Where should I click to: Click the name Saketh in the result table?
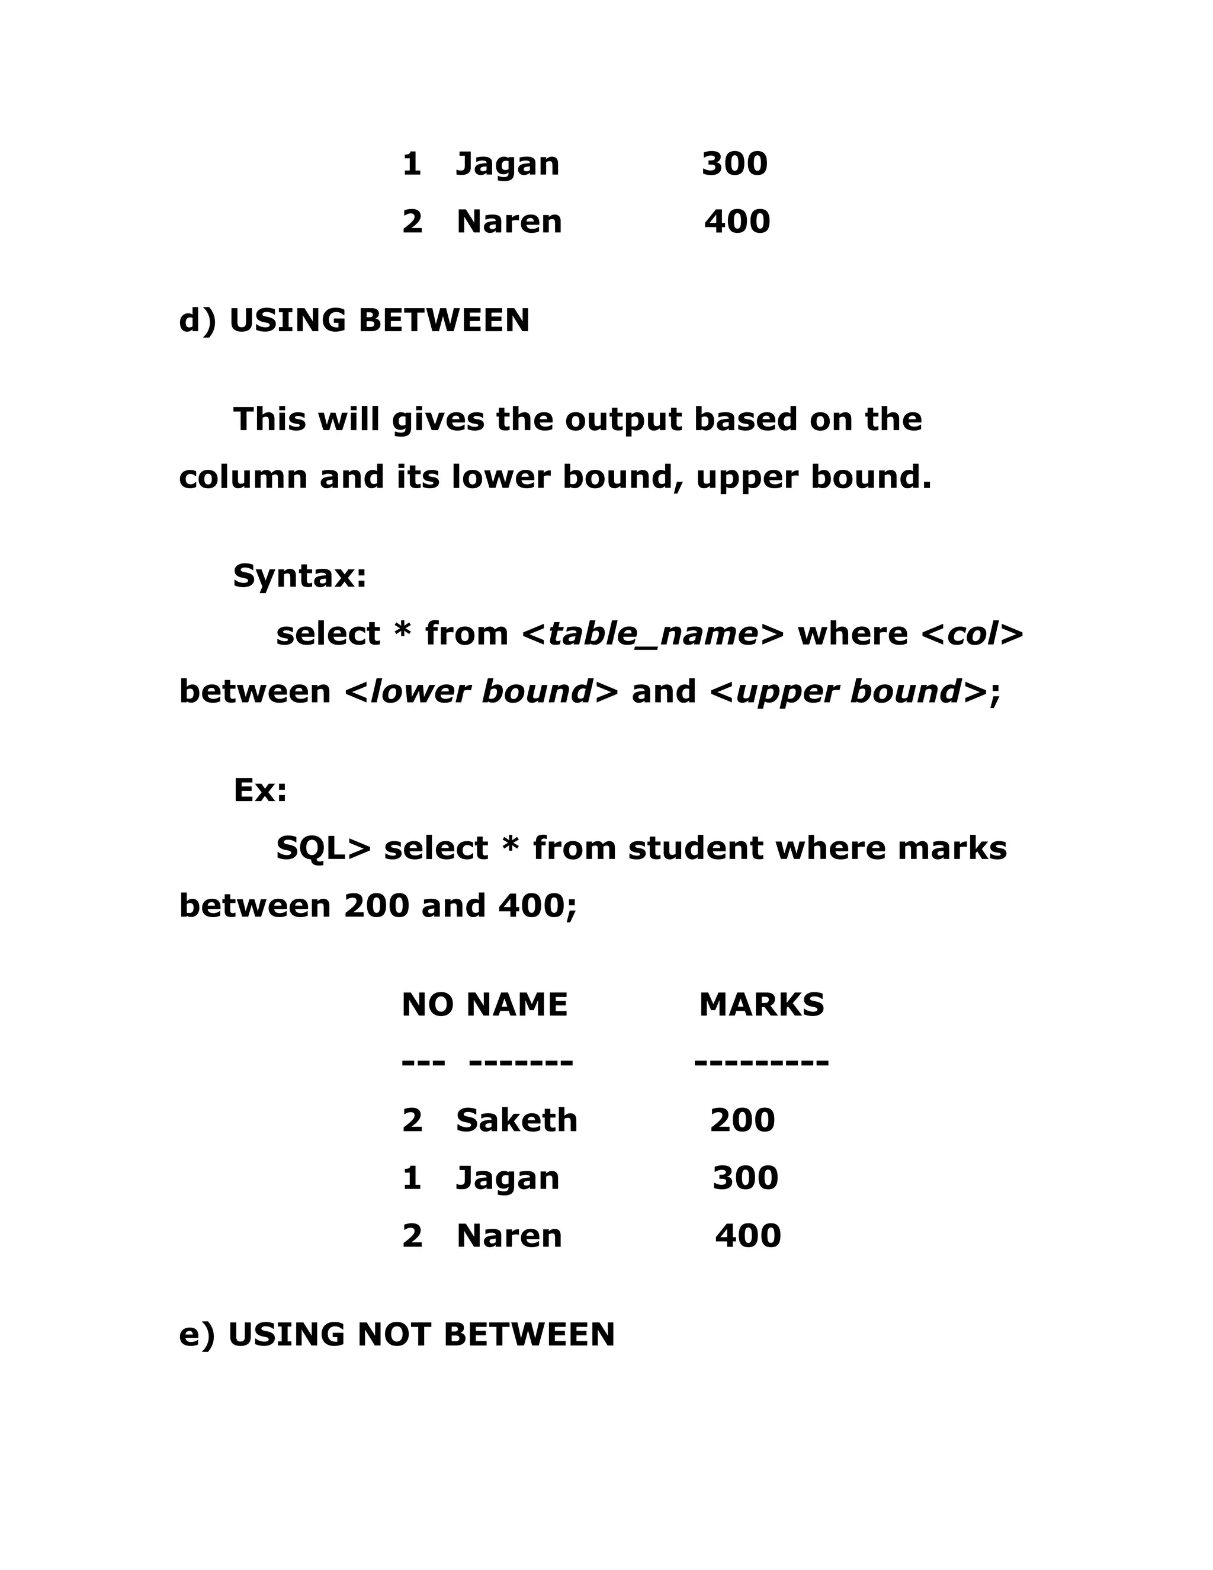(516, 1120)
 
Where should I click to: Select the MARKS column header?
(761, 1004)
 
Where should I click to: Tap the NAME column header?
(516, 1004)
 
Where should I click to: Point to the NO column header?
(427, 1004)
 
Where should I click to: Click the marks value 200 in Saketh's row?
(742, 1120)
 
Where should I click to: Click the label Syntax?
(300, 576)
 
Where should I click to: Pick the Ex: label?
(260, 790)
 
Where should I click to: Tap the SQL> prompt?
(323, 848)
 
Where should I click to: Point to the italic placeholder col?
(973, 634)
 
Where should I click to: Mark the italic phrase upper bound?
(849, 691)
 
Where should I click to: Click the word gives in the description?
(438, 420)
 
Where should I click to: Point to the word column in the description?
(243, 478)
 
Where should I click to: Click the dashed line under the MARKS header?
(761, 1061)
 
